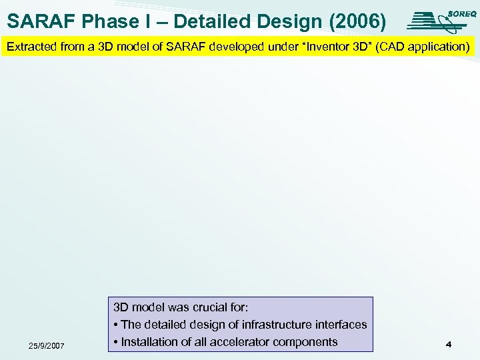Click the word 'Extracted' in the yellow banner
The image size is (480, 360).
29,47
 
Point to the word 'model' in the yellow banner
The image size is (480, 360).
120,47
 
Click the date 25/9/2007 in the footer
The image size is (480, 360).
47,345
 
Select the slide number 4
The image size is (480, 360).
449,345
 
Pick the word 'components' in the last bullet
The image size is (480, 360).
306,342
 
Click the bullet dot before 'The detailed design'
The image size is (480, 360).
116,325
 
